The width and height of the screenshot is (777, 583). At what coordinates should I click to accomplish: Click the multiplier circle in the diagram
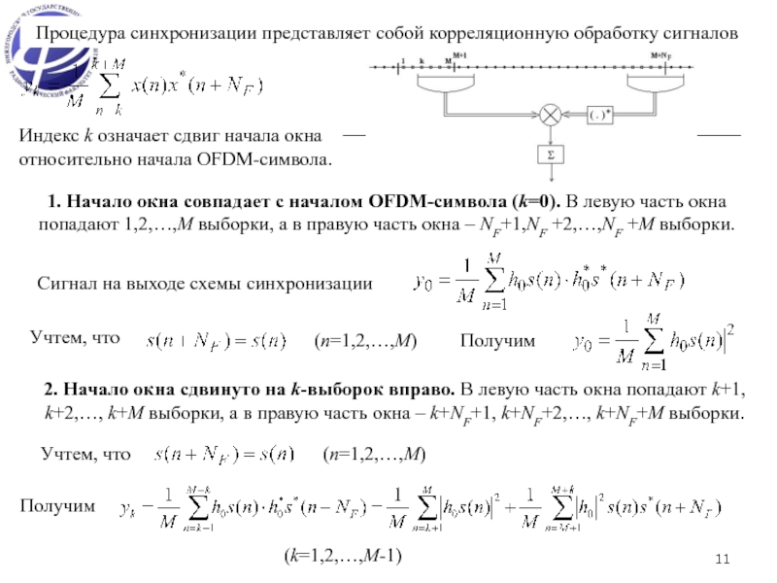[552, 115]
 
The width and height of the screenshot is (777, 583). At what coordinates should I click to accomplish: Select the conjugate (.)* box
[600, 115]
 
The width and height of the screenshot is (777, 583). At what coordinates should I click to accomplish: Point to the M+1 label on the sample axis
[459, 55]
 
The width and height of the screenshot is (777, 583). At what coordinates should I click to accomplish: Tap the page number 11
[721, 558]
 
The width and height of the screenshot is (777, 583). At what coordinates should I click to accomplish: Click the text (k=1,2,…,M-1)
[343, 555]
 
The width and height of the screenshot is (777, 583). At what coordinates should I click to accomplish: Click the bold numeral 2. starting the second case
[51, 390]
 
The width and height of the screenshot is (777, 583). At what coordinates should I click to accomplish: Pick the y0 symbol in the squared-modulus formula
[585, 342]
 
